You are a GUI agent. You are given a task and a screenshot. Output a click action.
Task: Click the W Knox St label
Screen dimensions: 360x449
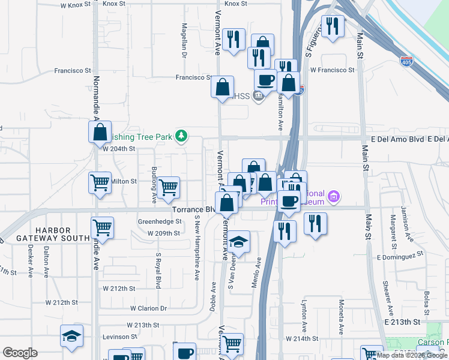[75, 5]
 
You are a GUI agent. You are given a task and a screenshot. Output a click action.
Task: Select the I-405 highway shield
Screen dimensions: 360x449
[407, 60]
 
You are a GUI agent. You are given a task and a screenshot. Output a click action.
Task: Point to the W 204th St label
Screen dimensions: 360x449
[117, 149]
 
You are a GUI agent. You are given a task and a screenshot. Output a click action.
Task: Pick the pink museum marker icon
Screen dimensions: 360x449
[334, 196]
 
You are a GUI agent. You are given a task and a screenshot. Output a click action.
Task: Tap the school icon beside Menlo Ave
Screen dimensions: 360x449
[238, 243]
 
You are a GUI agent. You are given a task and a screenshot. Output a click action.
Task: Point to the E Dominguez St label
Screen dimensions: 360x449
[400, 256]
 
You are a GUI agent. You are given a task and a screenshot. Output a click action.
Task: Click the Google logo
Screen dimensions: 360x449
[20, 353]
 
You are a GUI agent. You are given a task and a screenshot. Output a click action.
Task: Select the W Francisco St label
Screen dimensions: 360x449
[332, 70]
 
